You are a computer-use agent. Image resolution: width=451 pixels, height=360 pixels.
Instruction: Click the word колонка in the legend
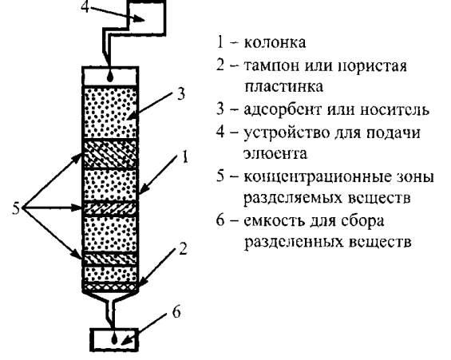point(275,42)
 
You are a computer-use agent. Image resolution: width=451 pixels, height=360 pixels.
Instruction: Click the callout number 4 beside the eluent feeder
point(85,6)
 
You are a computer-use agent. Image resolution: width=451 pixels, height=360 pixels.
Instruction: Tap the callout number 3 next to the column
point(180,93)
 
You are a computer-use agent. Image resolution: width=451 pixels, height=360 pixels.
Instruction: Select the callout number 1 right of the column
point(184,157)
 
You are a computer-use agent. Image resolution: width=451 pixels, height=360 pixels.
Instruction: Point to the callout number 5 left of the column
point(16,208)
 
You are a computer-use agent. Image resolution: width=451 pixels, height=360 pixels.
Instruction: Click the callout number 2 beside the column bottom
point(182,249)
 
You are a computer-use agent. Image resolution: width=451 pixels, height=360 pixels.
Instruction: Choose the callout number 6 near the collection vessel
point(176,312)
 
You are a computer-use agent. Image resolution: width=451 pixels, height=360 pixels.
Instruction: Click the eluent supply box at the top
point(147,18)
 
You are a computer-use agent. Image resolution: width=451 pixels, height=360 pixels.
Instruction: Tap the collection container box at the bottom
point(114,339)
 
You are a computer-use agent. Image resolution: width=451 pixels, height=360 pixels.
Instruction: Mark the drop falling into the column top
point(110,77)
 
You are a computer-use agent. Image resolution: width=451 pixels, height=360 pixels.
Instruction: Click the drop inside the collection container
point(114,339)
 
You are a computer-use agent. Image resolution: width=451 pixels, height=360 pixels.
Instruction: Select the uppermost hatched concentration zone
point(110,153)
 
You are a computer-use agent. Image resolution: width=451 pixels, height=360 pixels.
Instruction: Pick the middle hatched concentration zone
point(110,208)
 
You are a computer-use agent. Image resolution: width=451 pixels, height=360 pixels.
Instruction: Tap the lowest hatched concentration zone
point(110,259)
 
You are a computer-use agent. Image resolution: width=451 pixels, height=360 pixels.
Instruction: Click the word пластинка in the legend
point(283,87)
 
